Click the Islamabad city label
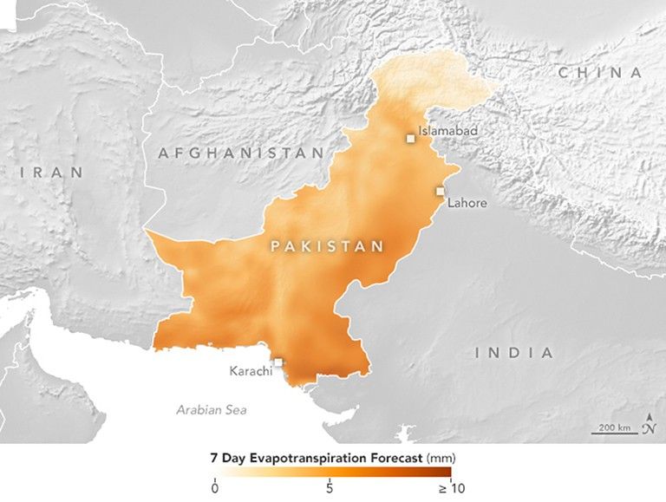(x=448, y=132)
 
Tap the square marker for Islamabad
(x=411, y=138)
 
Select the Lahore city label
(x=467, y=204)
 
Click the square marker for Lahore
(x=441, y=191)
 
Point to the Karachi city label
(x=251, y=371)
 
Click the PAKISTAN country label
(x=327, y=247)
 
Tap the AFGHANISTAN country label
(x=241, y=153)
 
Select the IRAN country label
(x=53, y=173)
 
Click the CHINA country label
(x=601, y=73)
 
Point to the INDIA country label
(x=514, y=353)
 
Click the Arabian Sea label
(x=211, y=409)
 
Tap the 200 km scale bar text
(x=611, y=428)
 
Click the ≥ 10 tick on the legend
(x=444, y=488)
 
